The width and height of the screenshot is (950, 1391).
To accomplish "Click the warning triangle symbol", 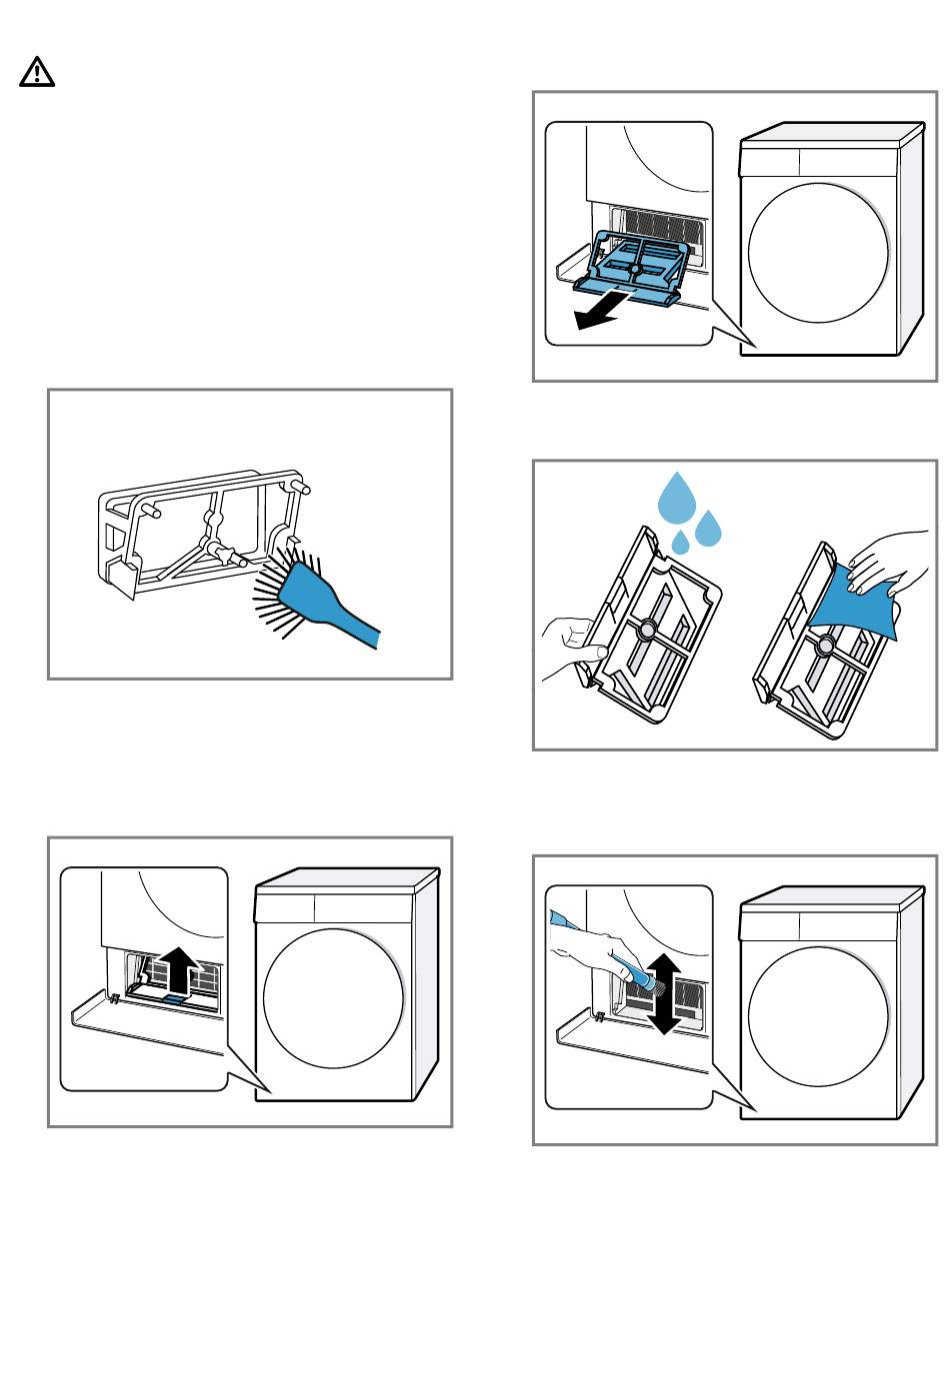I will [37, 73].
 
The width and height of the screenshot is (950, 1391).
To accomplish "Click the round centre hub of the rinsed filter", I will [646, 630].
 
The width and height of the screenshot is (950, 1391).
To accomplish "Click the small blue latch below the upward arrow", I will [175, 997].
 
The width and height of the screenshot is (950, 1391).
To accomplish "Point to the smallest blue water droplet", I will [681, 543].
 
